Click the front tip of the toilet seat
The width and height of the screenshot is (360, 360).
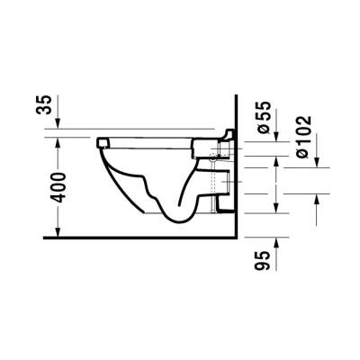coord(97,141)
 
